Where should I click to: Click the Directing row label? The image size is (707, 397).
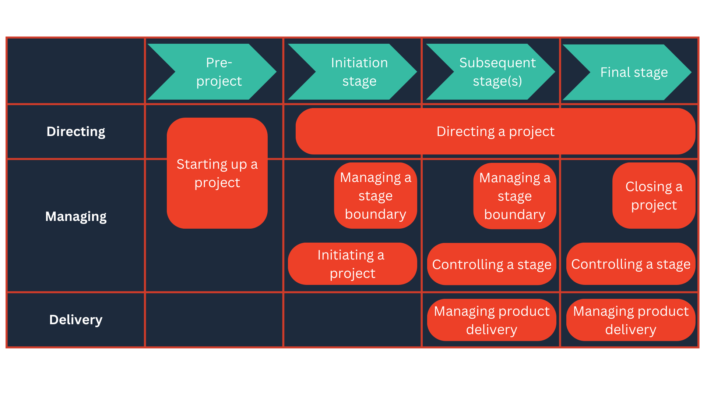click(76, 132)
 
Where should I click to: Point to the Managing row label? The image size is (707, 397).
click(76, 217)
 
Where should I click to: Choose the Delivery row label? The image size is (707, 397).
click(76, 320)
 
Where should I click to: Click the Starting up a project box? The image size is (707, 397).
click(217, 173)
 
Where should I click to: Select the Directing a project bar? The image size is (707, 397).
click(495, 131)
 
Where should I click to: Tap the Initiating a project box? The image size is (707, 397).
click(352, 264)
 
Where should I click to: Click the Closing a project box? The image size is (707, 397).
click(654, 196)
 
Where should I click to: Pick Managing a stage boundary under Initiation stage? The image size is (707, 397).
click(376, 196)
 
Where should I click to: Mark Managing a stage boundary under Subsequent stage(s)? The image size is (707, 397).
click(515, 196)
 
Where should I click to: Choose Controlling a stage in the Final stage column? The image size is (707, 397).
click(631, 264)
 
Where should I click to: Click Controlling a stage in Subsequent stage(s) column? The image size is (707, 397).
click(492, 264)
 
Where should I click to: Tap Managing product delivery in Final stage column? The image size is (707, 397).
click(631, 320)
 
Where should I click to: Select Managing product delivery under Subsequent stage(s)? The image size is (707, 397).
click(492, 320)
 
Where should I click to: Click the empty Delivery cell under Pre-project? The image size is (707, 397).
click(214, 320)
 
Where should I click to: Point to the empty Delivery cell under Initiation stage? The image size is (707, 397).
click(353, 320)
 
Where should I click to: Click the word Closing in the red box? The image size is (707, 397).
click(648, 187)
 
